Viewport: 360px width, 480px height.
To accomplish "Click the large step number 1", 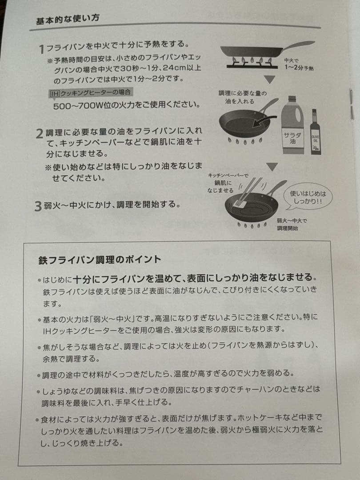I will tap(42, 48).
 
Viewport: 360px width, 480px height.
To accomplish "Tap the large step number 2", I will tap(39, 134).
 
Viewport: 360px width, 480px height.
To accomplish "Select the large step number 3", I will tap(39, 207).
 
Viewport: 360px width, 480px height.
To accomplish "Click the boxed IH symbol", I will tap(54, 93).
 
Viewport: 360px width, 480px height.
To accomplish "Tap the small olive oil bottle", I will tap(315, 133).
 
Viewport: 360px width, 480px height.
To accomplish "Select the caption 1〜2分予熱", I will tap(300, 68).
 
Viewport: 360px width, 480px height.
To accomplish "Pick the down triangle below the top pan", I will tap(270, 80).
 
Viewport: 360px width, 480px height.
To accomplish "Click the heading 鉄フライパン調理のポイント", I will tap(100, 259).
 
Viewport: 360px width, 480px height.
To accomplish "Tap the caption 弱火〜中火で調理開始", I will tap(292, 225).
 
